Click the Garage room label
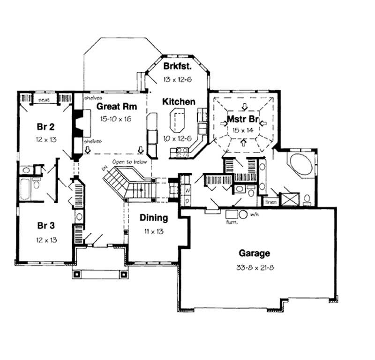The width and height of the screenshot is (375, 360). pos(255,253)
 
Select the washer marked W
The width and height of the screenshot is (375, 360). pos(186,191)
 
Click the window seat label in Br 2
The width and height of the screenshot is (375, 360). pos(45,100)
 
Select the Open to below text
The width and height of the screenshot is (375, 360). pos(129,162)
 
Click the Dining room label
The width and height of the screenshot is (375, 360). pos(153,218)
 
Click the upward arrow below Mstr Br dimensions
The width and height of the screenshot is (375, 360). pos(243,144)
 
